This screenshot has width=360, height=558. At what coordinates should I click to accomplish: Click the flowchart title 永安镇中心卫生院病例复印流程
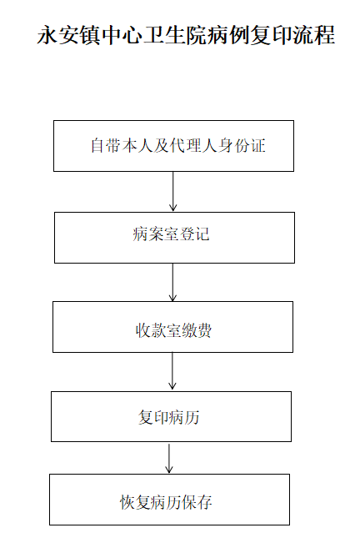coord(186,35)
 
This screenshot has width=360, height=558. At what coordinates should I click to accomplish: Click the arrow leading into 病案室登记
coord(173,192)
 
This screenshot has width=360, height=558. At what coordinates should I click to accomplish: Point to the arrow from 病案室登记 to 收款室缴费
coord(172,282)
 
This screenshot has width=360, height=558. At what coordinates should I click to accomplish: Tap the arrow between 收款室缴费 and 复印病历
coord(172,372)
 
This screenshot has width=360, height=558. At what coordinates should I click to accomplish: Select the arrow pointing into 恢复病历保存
coord(169,458)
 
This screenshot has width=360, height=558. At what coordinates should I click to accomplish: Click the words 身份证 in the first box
coord(242,146)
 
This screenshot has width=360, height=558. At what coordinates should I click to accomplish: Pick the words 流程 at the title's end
coord(314,35)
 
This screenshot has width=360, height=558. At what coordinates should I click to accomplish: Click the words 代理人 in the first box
coord(193,146)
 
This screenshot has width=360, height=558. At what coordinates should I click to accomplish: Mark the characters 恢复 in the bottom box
coord(135,502)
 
